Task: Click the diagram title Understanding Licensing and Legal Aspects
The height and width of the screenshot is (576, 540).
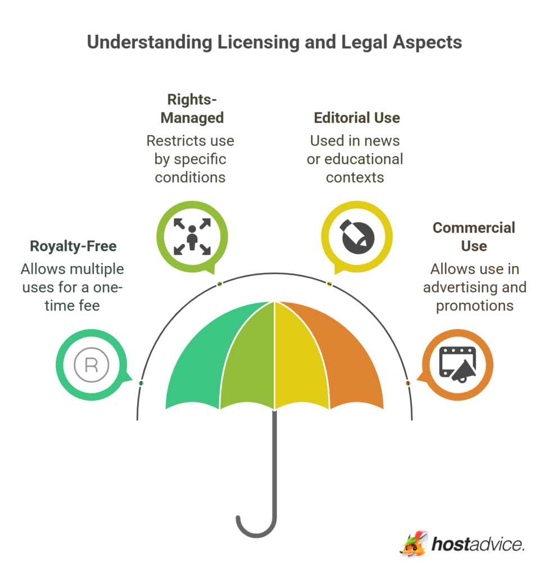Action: point(274,43)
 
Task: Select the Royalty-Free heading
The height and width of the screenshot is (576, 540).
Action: point(72,246)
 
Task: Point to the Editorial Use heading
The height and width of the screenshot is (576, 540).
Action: point(357,118)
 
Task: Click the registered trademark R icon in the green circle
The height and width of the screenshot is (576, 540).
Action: point(91,365)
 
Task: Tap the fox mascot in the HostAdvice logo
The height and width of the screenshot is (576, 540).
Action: point(414,543)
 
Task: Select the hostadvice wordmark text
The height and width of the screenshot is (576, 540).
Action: point(478,544)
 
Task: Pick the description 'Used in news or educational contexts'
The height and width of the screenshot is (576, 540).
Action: point(355,159)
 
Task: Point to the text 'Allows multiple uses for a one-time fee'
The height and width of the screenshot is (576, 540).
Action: point(72,287)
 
